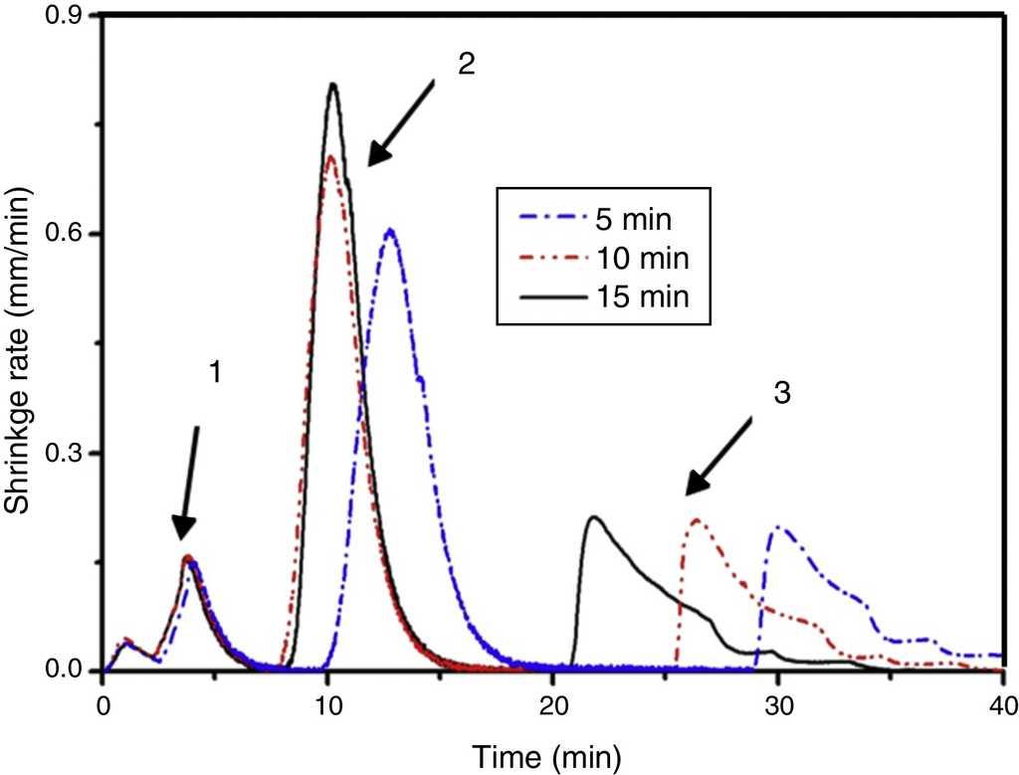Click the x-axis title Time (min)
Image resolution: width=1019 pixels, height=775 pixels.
pyautogui.click(x=550, y=758)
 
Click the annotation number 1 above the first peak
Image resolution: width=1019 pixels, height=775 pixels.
pyautogui.click(x=213, y=372)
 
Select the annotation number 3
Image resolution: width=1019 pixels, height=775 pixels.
pyautogui.click(x=783, y=392)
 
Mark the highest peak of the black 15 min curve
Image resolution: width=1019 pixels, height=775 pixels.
pyautogui.click(x=333, y=84)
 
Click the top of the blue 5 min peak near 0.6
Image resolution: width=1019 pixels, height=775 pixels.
pyautogui.click(x=391, y=230)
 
